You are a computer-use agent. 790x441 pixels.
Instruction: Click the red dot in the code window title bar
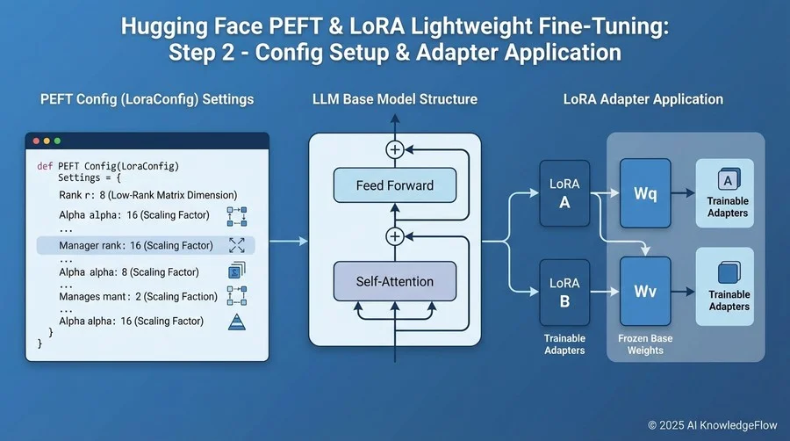(36, 141)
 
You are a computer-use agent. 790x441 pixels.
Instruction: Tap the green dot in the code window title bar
(58, 141)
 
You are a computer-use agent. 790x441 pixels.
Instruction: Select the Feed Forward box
(394, 185)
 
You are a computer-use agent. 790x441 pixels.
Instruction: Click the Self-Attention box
(394, 281)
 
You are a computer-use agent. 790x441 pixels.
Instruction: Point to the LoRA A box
(564, 194)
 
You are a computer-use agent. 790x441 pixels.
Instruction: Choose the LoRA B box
(564, 293)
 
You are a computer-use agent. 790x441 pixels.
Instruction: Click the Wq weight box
(645, 194)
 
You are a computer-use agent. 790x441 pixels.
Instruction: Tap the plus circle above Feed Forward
(394, 150)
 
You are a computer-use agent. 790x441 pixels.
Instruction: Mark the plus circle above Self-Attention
(394, 236)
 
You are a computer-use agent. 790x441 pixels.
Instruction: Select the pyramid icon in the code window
(236, 322)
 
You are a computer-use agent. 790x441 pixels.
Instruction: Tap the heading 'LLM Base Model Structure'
(394, 99)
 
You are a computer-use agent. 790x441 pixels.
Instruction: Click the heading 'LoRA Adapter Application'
(643, 99)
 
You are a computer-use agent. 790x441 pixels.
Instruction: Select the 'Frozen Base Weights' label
(645, 343)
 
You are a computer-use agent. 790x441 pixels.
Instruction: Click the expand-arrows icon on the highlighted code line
(236, 245)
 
